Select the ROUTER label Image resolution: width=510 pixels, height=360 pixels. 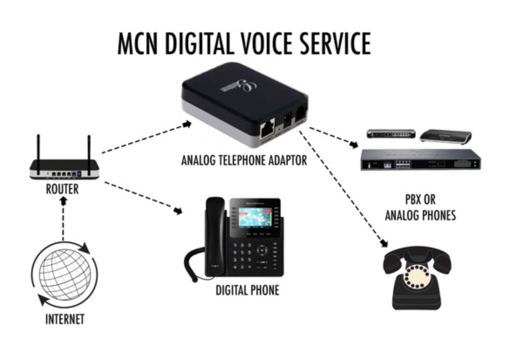[x=62, y=189]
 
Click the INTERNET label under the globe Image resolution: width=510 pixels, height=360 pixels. [x=65, y=319]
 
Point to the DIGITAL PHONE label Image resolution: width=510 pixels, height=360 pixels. [x=247, y=290]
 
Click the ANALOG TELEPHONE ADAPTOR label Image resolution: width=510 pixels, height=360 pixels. [x=244, y=160]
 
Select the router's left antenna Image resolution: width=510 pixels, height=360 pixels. [x=38, y=149]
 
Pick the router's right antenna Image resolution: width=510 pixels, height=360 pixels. [x=89, y=149]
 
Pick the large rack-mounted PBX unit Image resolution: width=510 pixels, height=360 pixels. [x=420, y=160]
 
